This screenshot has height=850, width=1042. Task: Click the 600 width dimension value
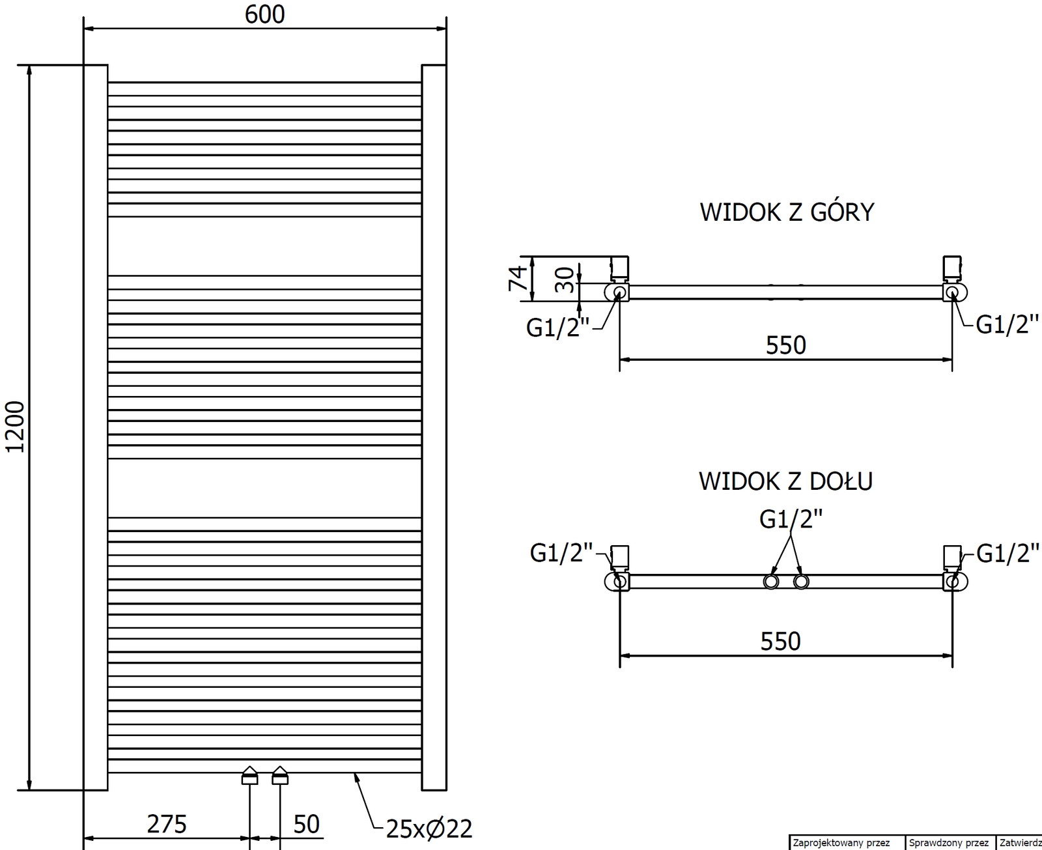264,14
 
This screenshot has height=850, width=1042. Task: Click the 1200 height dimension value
14,427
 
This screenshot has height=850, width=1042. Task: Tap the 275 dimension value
167,825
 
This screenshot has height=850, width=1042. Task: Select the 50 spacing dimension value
306,825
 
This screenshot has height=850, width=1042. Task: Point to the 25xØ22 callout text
429,829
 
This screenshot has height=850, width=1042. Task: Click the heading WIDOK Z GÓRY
787,213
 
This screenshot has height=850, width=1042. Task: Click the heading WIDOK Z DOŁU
785,482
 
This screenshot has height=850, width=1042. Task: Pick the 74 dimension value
518,279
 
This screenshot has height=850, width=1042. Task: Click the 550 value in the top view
786,345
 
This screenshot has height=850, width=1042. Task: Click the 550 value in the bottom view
781,642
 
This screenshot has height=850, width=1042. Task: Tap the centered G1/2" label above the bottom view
791,520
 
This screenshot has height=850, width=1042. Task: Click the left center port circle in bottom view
771,582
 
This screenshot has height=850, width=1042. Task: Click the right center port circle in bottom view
801,582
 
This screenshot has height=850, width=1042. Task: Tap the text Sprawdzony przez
949,843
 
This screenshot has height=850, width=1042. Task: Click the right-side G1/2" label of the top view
1007,324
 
